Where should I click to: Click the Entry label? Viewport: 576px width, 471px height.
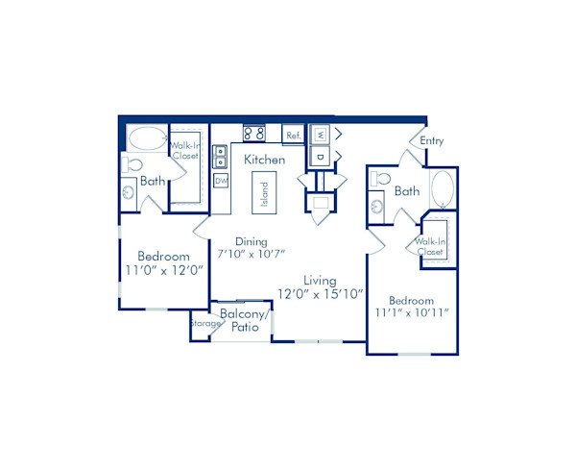(432, 141)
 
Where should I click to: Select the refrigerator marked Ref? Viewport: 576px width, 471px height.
(293, 136)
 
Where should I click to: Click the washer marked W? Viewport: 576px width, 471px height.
(321, 134)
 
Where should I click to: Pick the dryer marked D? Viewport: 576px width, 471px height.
(321, 155)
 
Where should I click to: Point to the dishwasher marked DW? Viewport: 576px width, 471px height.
(221, 181)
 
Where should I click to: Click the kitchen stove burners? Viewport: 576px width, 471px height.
(253, 134)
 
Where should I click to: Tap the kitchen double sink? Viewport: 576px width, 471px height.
(220, 156)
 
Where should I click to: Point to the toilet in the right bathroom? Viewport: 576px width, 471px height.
(381, 180)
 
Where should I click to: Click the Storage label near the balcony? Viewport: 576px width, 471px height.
(203, 324)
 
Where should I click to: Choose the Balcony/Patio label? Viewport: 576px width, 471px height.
(243, 321)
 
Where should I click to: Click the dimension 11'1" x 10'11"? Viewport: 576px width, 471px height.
(412, 312)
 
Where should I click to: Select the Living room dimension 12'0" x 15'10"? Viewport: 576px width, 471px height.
(320, 294)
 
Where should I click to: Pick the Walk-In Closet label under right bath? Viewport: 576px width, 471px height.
(430, 247)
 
